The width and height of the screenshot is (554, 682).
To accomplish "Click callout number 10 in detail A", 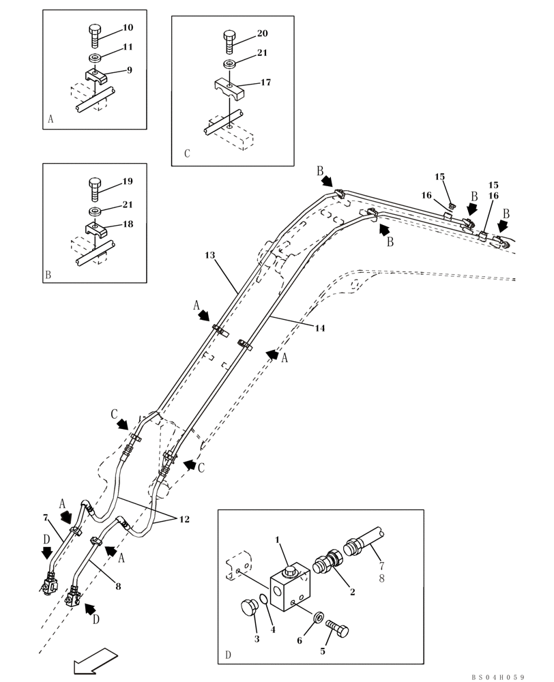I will click(x=128, y=28).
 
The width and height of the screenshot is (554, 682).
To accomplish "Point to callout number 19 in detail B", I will click(x=128, y=181).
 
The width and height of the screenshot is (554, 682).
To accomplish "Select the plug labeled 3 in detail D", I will click(x=250, y=608).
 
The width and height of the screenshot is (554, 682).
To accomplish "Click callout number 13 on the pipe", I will click(x=209, y=254).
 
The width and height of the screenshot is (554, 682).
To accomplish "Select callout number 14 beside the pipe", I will click(x=320, y=328).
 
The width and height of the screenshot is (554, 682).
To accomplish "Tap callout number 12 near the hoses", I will click(x=184, y=520).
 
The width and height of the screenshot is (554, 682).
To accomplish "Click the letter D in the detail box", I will click(x=228, y=655).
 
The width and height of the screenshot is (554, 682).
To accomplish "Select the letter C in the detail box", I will click(x=187, y=154).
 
